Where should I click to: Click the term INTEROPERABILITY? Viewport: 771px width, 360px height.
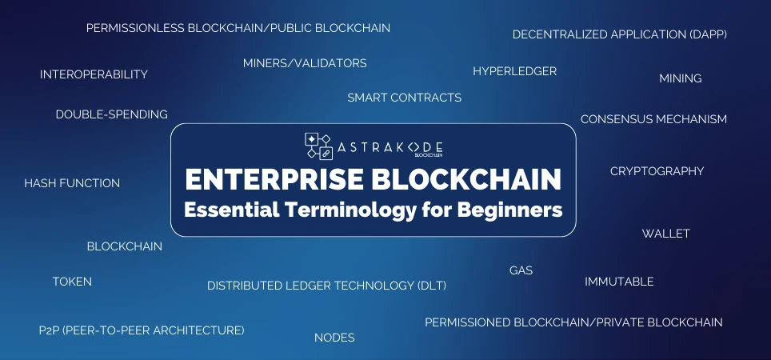94,74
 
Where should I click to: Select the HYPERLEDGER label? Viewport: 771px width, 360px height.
515,71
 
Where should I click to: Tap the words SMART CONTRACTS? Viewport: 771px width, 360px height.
404,98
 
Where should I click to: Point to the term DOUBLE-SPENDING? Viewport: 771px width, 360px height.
112,114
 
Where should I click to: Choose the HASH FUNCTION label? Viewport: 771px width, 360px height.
72,183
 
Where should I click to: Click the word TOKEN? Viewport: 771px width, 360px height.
72,282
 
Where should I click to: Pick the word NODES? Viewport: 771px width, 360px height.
334,338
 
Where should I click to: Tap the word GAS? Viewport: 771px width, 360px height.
521,270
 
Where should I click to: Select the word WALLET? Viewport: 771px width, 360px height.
665,233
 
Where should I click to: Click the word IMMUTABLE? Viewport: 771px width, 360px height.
619,282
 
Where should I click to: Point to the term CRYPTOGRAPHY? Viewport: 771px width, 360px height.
657,170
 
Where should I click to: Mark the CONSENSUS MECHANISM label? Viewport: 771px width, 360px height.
653,119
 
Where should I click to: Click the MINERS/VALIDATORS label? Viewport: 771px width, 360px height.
305,63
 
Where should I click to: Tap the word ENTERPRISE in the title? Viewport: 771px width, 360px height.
274,179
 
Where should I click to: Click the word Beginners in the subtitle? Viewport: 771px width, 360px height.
510,210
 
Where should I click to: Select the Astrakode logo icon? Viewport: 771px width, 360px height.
318,146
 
